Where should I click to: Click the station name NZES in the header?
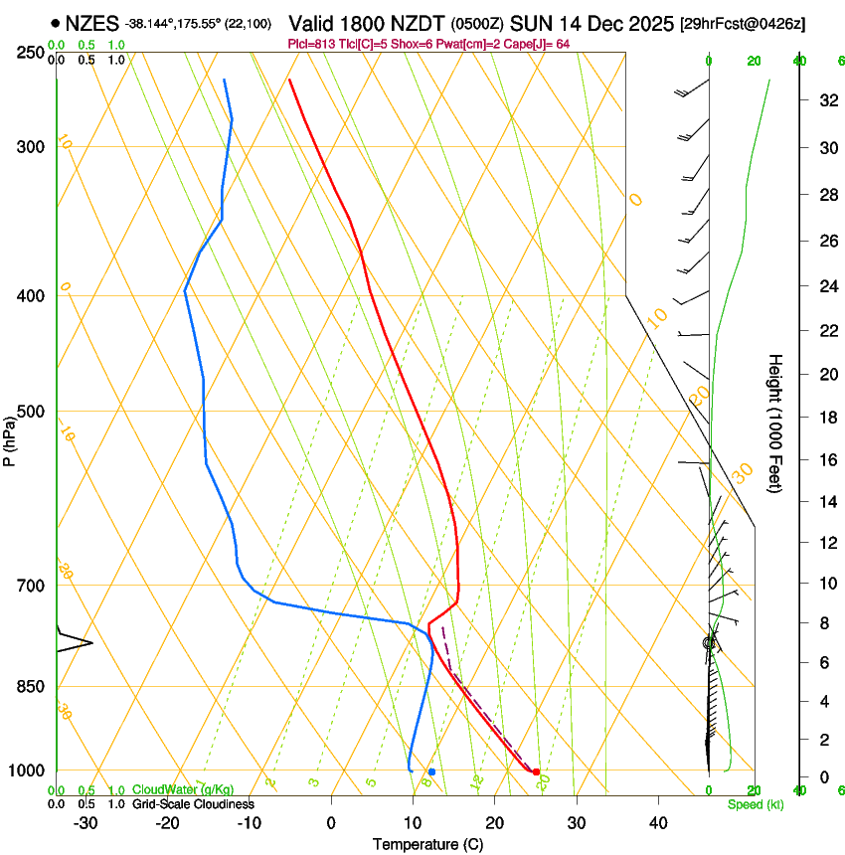point(93,23)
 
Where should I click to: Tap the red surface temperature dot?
point(536,771)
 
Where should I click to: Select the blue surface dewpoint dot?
point(431,771)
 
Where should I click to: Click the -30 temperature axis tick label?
point(85,823)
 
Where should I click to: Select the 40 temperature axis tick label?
point(658,823)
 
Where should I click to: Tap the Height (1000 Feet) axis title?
point(775,424)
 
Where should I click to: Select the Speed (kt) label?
point(755,804)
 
